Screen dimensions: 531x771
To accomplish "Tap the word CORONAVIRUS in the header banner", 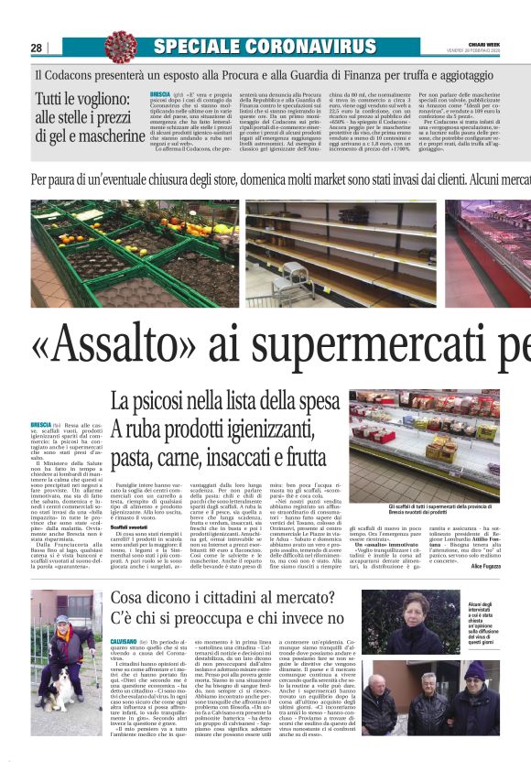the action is [x=298, y=46].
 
